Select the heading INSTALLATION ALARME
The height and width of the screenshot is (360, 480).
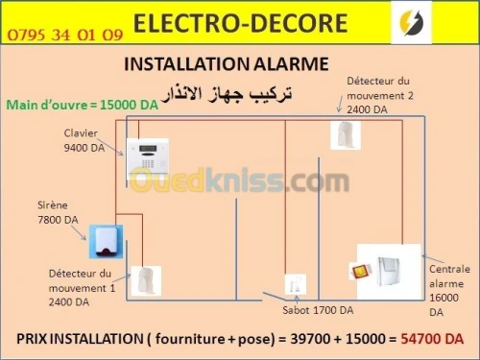click(x=227, y=64)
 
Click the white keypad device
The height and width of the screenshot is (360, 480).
click(x=144, y=154)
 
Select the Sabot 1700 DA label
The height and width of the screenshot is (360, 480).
click(x=318, y=310)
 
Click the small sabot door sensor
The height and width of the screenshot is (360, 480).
click(x=295, y=284)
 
